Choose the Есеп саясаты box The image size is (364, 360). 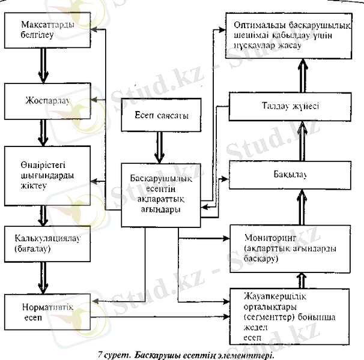pyautogui.click(x=159, y=116)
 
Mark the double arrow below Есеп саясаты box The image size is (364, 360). pyautogui.click(x=159, y=147)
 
